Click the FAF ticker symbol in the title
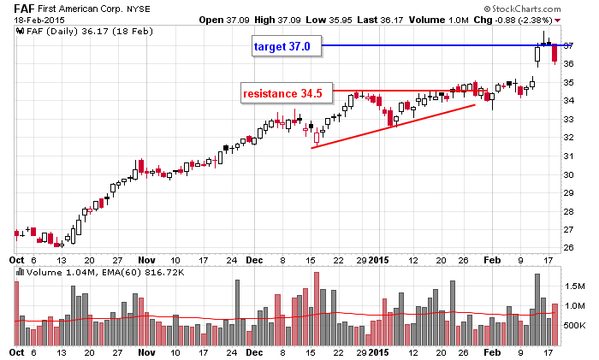coord(22,8)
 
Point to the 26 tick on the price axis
coord(567,248)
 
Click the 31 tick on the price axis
coord(567,156)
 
